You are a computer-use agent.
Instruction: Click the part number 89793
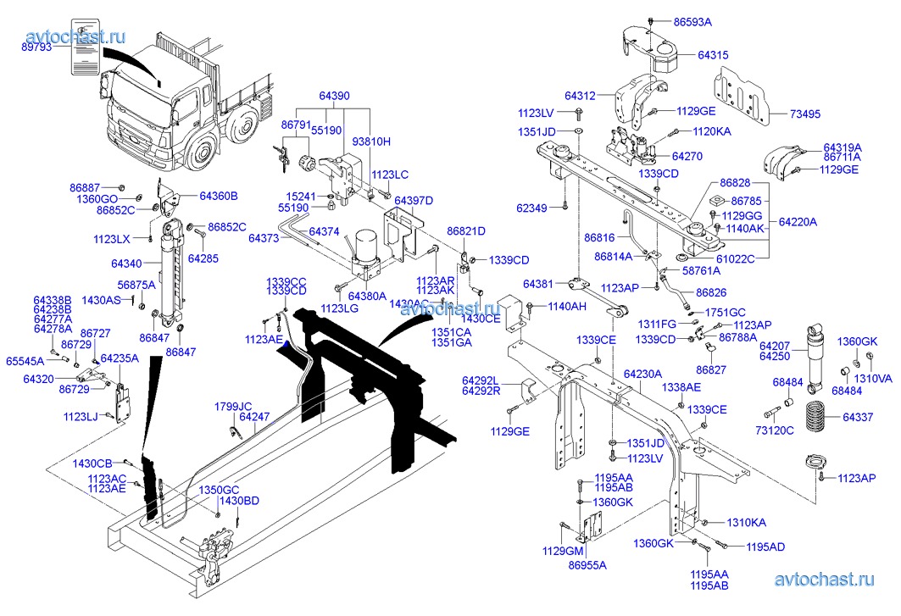pyautogui.click(x=36, y=48)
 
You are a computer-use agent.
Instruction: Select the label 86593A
pyautogui.click(x=692, y=20)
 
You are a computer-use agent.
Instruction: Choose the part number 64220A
pyautogui.click(x=798, y=222)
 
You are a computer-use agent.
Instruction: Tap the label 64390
pyautogui.click(x=334, y=96)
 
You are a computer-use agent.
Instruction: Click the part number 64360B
pyautogui.click(x=219, y=196)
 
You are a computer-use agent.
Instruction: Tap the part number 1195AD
pyautogui.click(x=765, y=547)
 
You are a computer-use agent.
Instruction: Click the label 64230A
pyautogui.click(x=642, y=374)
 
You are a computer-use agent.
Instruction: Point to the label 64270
pyautogui.click(x=687, y=156)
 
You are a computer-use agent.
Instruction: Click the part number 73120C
pyautogui.click(x=776, y=430)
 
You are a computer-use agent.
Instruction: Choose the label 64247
pyautogui.click(x=254, y=417)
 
